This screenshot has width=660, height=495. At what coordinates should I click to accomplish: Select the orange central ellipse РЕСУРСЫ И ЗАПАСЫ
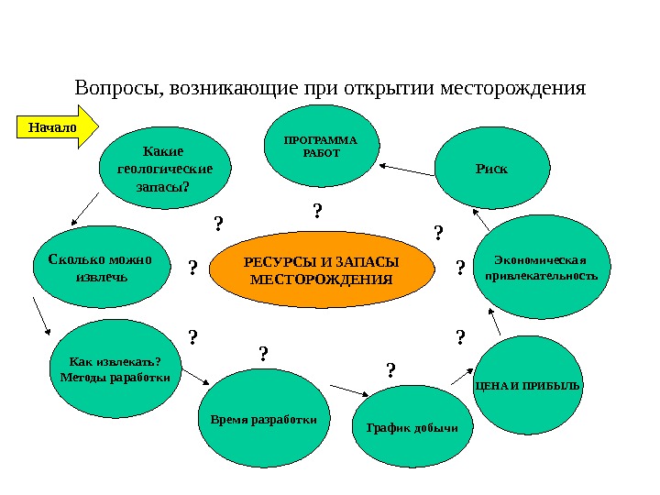point(321,270)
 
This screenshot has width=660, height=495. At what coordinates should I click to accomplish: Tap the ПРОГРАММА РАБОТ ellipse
point(321,146)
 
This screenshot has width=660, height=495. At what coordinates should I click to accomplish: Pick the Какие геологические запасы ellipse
point(165,169)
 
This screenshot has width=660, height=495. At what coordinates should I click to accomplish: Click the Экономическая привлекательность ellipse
point(541,266)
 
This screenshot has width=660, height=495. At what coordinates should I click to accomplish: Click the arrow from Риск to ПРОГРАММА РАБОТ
point(406,169)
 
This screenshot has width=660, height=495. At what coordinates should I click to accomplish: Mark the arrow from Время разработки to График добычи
point(346,390)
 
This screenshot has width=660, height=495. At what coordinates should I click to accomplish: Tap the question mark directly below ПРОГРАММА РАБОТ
point(317,211)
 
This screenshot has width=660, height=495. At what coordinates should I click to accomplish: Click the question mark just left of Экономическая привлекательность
point(460,267)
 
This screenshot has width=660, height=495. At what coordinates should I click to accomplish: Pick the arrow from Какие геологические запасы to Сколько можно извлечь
point(84,209)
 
